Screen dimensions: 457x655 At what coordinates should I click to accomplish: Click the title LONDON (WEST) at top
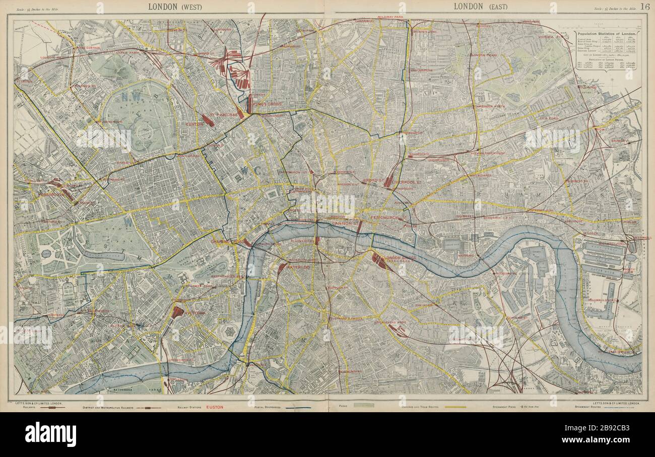(x=175, y=7)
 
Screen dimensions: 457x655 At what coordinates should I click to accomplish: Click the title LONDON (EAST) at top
(x=480, y=7)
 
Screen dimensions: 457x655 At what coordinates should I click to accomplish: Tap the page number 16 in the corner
(x=644, y=7)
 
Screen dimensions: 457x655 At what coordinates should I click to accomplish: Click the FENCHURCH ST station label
(x=388, y=218)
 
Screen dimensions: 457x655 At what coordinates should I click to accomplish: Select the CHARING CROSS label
(x=225, y=242)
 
